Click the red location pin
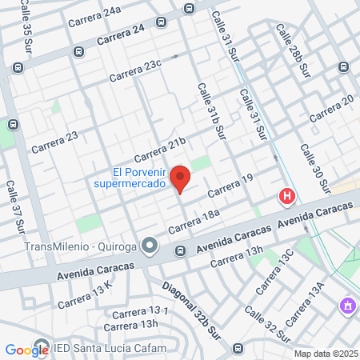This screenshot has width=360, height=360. point(180,179)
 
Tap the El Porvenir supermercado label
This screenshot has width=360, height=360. point(138,178)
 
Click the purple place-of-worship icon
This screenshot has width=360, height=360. point(346,305)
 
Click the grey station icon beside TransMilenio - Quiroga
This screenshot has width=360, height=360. point(150,245)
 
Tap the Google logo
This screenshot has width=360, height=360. point(26,350)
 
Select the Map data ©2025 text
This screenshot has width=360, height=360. point(324,354)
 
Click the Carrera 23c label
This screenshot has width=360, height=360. point(135,70)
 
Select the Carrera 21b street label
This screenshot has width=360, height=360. point(159,149)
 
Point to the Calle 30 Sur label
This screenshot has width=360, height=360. point(314,170)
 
